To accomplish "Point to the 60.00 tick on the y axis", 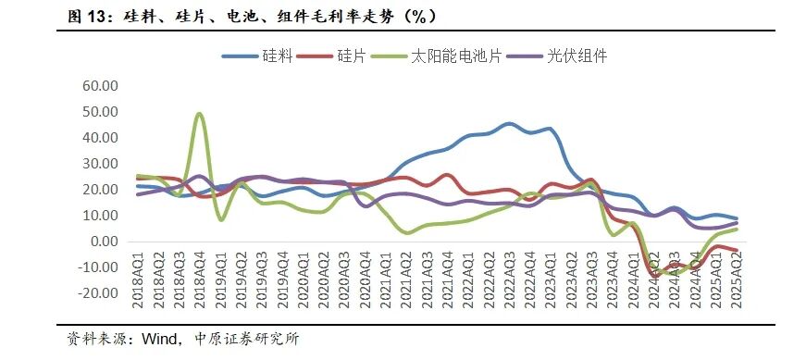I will (x=101, y=86).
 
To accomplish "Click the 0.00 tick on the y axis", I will (x=105, y=242).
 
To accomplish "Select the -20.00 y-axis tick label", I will (x=99, y=293).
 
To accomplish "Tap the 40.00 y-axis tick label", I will (x=101, y=138).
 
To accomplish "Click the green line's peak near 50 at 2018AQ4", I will (x=200, y=115).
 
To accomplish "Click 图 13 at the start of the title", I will (x=93, y=15).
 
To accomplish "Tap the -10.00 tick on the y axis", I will (x=99, y=267).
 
